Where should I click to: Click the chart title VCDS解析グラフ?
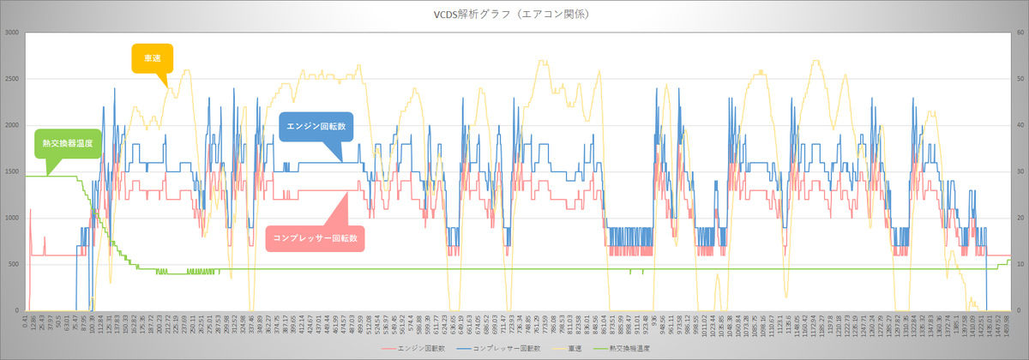pyautogui.click(x=514, y=15)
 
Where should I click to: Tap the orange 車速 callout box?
pyautogui.click(x=152, y=57)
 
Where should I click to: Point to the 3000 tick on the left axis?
pyautogui.click(x=12, y=33)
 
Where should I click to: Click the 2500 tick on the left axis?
pyautogui.click(x=12, y=80)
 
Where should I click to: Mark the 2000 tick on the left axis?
pyautogui.click(x=12, y=126)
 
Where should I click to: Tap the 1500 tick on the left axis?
pyautogui.click(x=12, y=171)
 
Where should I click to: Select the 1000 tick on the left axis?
pyautogui.click(x=12, y=218)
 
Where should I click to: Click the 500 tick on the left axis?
pyautogui.click(x=14, y=264)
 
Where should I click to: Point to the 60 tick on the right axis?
pyautogui.click(x=1020, y=33)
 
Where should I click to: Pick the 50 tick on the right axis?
pyautogui.click(x=1020, y=80)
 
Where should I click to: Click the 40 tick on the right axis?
pyautogui.click(x=1020, y=126)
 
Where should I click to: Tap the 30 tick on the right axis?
pyautogui.click(x=1020, y=171)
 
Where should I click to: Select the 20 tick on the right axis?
pyautogui.click(x=1020, y=218)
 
